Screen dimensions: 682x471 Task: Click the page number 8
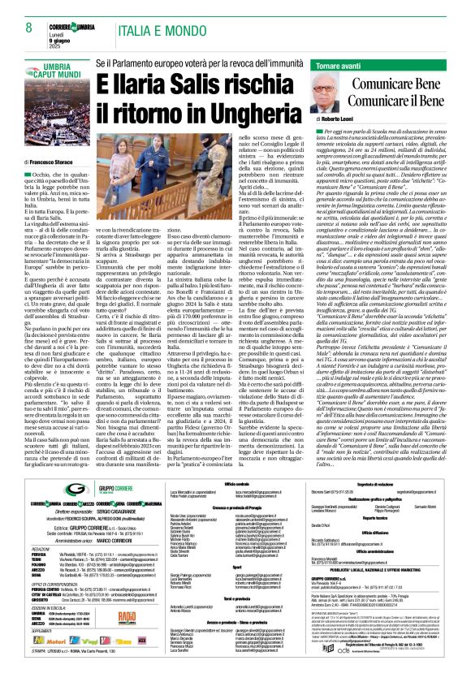tap(28, 7)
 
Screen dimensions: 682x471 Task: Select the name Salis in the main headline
tap(201, 83)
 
